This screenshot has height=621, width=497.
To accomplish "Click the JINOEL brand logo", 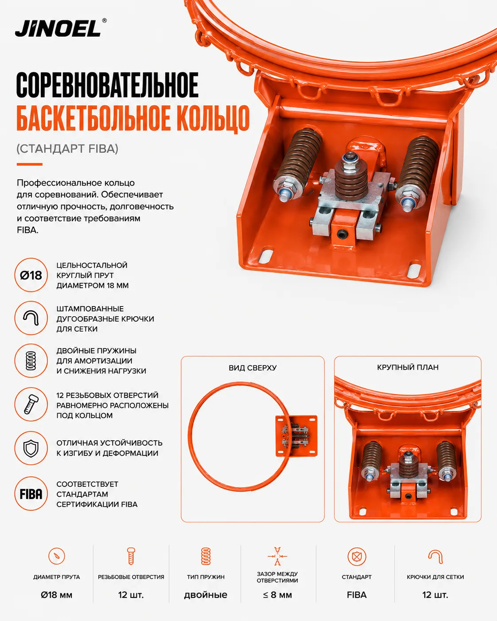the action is (x=61, y=28).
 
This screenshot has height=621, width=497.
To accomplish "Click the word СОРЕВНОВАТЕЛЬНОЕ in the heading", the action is (x=107, y=85).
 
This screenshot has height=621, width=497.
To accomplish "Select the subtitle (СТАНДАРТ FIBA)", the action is (x=67, y=149).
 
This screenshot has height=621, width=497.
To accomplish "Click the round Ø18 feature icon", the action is (x=31, y=275).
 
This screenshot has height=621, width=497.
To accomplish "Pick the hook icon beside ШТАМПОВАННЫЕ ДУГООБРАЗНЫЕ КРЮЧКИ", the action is (x=31, y=318).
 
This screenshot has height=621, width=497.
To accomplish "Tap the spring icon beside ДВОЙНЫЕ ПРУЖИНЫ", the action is (x=31, y=361).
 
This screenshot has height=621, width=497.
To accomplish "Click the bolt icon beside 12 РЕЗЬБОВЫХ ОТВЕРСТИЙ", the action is (x=31, y=404).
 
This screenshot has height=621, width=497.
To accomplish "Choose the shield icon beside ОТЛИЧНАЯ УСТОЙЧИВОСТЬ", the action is (x=31, y=448).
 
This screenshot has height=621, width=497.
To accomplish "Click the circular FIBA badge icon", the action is (x=31, y=494).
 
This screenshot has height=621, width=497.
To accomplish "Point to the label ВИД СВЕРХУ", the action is (x=252, y=368).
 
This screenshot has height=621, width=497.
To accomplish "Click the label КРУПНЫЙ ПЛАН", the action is (x=408, y=367).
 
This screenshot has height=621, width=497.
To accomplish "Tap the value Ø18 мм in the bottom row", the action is (x=57, y=595).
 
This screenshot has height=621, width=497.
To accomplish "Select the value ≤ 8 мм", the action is (x=277, y=595).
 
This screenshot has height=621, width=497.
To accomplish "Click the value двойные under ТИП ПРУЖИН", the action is (x=206, y=595).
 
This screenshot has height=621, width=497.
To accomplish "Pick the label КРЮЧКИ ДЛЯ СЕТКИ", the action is (x=435, y=577).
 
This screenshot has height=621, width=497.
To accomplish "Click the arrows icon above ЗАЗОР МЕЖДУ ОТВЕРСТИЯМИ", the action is (x=277, y=556).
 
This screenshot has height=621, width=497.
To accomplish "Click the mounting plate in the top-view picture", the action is (x=296, y=436).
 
